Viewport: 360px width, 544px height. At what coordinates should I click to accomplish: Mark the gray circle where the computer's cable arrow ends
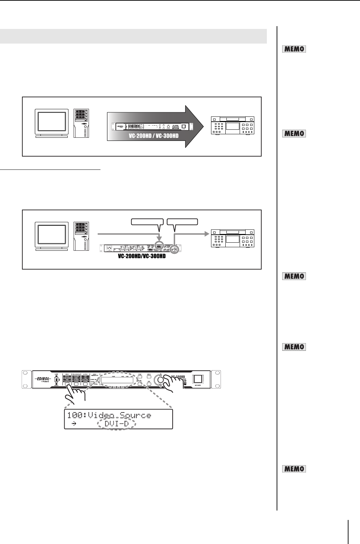tap(159, 245)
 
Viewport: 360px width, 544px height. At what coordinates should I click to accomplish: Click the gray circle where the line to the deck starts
tap(174, 250)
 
